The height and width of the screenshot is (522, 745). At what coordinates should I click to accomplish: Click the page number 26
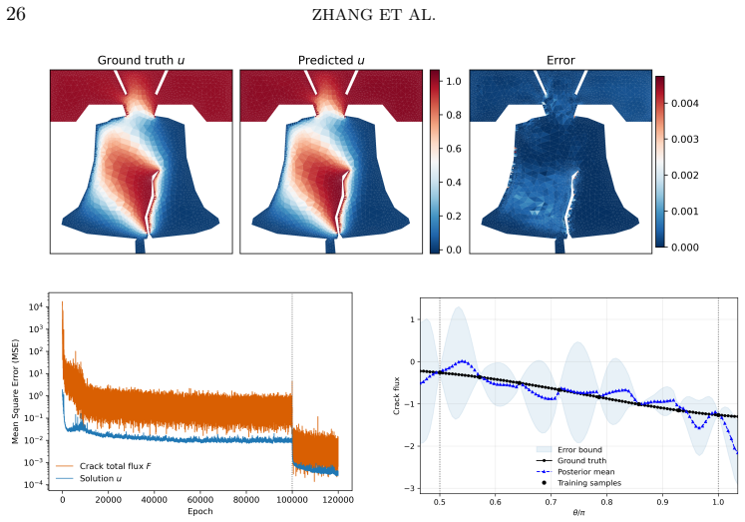pos(16,14)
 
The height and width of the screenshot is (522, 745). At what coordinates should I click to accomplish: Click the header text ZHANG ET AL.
pos(373,15)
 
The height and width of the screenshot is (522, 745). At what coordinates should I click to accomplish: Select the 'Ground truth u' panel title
pos(141,60)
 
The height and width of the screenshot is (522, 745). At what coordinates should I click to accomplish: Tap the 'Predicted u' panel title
pos(331,60)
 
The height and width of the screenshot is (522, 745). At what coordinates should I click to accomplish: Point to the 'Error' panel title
pos(560,60)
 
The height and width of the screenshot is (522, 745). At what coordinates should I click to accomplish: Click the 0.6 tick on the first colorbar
pos(454,149)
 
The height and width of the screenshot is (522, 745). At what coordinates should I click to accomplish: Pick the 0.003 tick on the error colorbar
pos(684,140)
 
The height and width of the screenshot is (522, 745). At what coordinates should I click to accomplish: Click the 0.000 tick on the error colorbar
pos(684,248)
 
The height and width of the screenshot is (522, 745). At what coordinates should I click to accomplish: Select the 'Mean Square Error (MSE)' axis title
pos(15,391)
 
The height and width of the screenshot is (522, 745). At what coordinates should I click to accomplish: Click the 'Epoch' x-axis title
pos(200,512)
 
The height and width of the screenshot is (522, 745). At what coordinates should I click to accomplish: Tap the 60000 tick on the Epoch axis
pos(200,500)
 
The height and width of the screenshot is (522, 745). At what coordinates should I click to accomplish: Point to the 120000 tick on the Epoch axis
pos(338,500)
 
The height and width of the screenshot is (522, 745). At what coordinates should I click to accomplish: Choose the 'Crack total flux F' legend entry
pos(104,466)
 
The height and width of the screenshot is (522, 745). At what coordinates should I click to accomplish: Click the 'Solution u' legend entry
pos(89,478)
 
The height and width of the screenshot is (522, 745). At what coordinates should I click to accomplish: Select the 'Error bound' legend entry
pos(569,449)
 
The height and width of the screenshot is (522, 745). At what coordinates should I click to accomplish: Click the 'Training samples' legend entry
pos(578,483)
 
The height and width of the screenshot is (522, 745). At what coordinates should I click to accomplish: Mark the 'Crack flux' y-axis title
pos(397,396)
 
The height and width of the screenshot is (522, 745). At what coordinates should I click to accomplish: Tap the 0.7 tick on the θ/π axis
pos(552,502)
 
